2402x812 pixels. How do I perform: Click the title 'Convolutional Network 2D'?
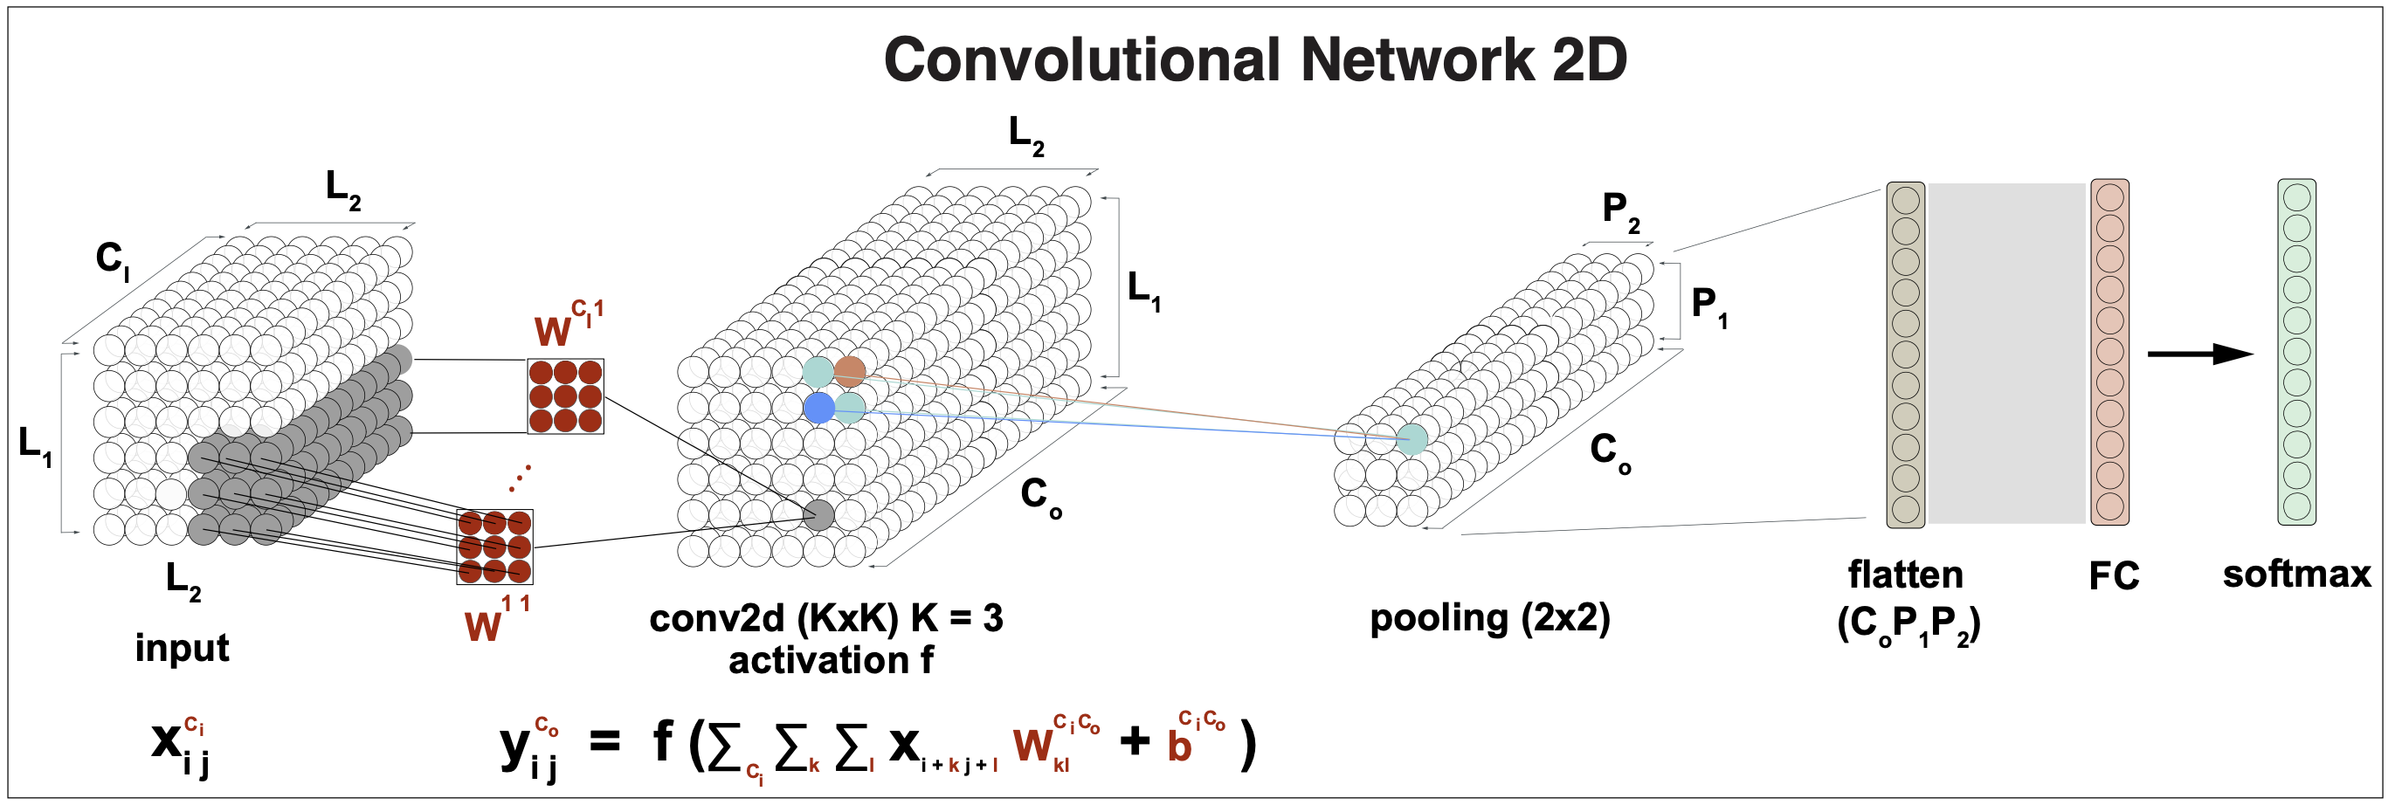point(1254,60)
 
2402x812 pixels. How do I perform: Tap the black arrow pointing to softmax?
point(2199,354)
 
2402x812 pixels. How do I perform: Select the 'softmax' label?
point(2295,575)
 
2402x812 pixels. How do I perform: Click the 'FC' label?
point(2114,576)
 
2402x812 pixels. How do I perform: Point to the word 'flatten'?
point(1905,575)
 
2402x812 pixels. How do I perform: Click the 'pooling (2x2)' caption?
point(1489,618)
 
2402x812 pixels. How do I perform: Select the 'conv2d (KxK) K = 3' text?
point(825,618)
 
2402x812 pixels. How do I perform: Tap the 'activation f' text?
point(830,660)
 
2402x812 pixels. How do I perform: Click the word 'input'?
point(182,648)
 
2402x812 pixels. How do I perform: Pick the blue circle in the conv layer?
point(818,408)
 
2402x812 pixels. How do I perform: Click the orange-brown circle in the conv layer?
point(850,371)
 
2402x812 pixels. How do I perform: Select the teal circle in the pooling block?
point(1412,439)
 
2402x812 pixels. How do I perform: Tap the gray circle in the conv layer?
point(818,514)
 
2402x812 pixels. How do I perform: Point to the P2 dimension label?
point(1620,210)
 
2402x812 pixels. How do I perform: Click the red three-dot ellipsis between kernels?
point(520,478)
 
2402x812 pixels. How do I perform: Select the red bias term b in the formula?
point(1179,747)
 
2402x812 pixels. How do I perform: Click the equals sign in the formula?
point(604,743)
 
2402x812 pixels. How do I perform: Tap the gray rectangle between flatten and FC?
point(2006,354)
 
